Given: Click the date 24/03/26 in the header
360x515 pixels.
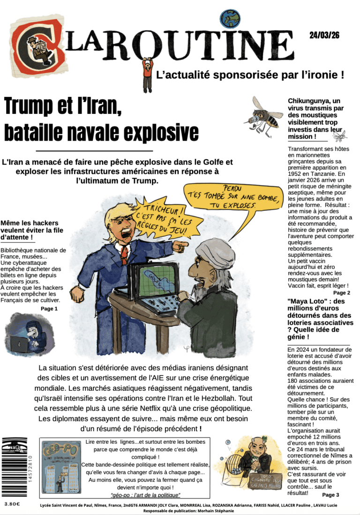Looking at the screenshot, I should tap(324, 35).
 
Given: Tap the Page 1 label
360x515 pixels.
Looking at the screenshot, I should tap(49, 309).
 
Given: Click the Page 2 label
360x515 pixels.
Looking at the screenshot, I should tap(342, 292).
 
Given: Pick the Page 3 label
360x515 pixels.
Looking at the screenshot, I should tap(330, 494).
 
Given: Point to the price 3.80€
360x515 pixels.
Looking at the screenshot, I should tap(12, 504).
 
